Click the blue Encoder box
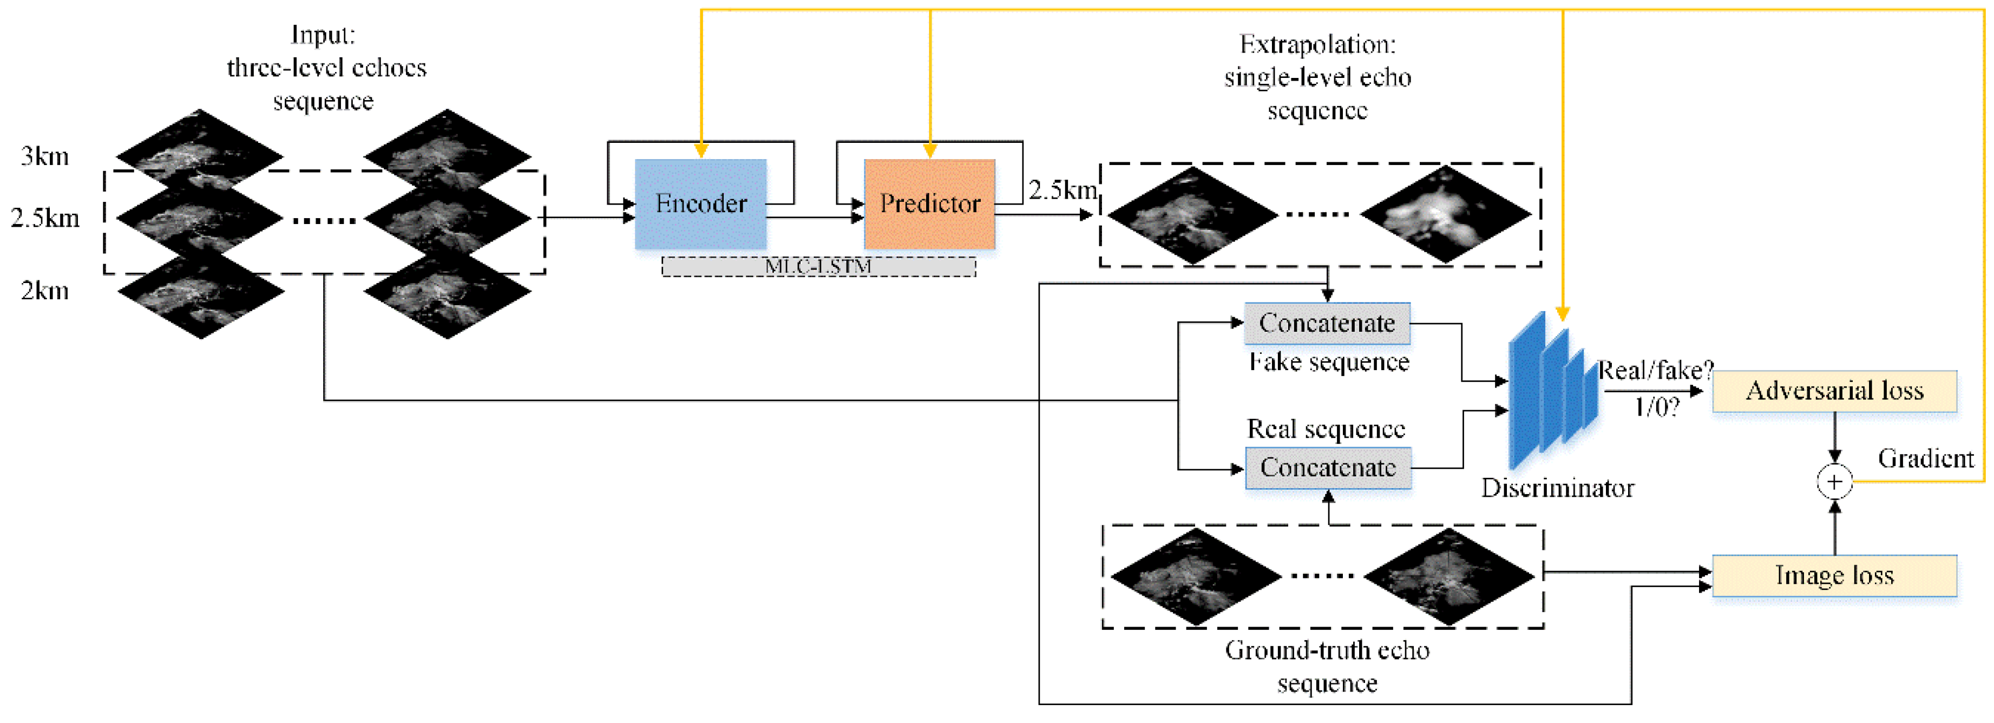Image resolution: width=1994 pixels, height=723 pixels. [700, 203]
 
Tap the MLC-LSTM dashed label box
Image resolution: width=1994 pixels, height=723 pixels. [818, 266]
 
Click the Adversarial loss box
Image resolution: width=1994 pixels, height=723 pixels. [1834, 391]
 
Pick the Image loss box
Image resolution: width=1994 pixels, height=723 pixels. [1834, 575]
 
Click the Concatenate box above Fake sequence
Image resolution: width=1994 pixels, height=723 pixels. [1327, 323]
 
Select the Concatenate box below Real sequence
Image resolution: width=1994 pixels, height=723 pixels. [1328, 468]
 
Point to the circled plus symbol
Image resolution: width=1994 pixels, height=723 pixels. [1834, 482]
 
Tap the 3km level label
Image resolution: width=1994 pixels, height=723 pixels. [45, 156]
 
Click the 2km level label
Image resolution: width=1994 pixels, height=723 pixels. [45, 291]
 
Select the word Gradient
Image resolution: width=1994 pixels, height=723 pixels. [1926, 458]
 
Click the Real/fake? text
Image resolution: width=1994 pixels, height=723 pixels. [1656, 370]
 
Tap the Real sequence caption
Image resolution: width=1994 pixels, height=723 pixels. [1326, 429]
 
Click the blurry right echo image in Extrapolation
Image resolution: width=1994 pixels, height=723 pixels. [1446, 214]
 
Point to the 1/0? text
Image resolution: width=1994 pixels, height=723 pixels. [1657, 406]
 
